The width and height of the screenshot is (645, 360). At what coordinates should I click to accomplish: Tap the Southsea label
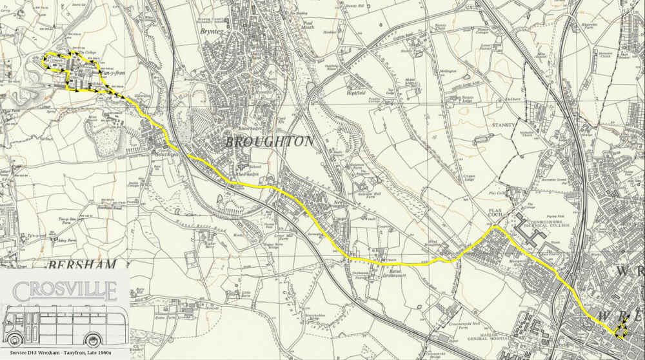pyautogui.click(x=161, y=153)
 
